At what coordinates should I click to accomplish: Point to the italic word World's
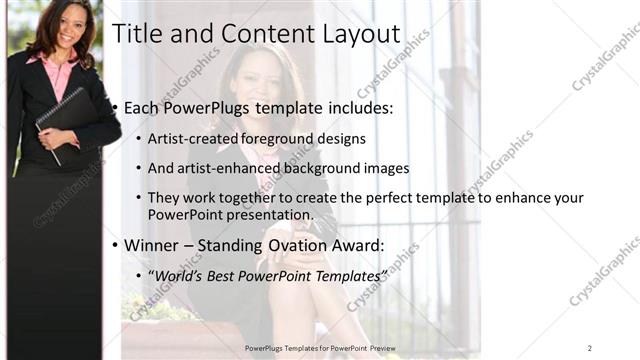(x=181, y=274)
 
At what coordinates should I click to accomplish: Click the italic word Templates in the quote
(x=345, y=274)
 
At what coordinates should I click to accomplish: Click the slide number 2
(x=589, y=347)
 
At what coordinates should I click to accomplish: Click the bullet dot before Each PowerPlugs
(x=115, y=107)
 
